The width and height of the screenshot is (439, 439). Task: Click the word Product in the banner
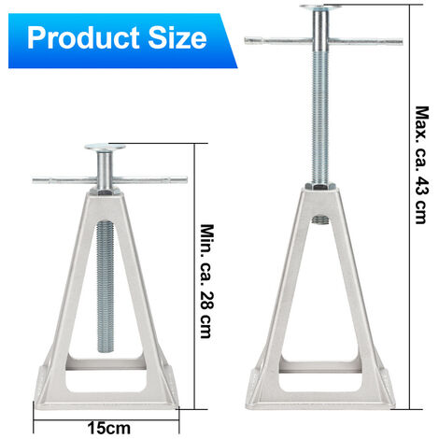coord(83,38)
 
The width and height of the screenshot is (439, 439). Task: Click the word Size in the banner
coord(177,37)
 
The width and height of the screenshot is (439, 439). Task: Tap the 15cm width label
coord(109,429)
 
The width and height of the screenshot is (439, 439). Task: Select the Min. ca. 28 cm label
coord(207,281)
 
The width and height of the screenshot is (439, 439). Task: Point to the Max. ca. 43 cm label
coord(422,165)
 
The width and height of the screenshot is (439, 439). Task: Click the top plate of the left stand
coord(105,147)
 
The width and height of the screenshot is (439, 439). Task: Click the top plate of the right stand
coord(320,7)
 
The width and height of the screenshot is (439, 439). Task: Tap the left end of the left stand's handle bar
coord(34,180)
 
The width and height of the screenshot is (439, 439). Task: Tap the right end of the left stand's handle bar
coord(186,179)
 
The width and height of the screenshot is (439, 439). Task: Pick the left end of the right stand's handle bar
coord(246,40)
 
